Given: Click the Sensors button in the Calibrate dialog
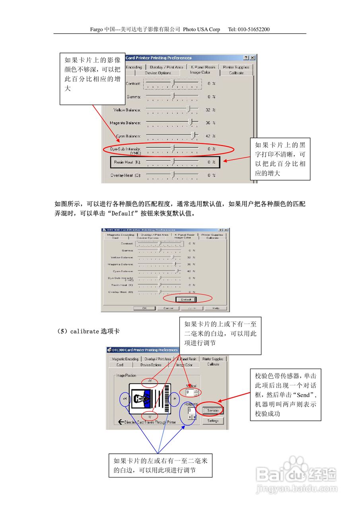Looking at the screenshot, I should pos(213,410).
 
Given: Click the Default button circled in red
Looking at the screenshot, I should pos(186,299).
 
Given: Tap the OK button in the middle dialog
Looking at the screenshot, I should pos(144,308).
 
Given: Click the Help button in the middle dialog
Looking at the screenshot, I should pos(216,308).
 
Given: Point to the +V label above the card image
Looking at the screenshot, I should pos(150,381).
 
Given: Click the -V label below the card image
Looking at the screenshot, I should pos(150,416).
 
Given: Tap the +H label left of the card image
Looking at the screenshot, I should pos(125,399).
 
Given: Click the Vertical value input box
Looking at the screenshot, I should pos(189,392).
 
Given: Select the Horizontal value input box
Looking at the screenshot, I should pos(191,410).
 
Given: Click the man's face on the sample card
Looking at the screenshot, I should pos(140,397).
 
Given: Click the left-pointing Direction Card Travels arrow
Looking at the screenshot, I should pos(121,422).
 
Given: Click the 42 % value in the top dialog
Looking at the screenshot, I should pos(210,136).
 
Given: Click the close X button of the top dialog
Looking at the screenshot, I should pos(252,58).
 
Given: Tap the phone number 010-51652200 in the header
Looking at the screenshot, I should pos(254,29).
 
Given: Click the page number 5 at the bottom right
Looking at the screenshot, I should pos(304,476).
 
